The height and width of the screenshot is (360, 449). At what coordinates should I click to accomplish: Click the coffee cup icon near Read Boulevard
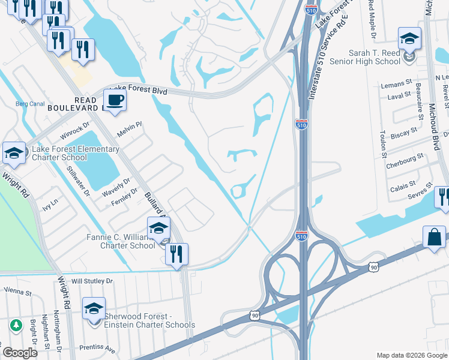(x=115, y=99)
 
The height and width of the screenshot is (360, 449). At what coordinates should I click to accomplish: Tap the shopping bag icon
(x=434, y=237)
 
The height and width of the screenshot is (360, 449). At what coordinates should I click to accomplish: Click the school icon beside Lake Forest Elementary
(x=13, y=153)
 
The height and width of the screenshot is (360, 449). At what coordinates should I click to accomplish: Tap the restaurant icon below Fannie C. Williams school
(x=176, y=254)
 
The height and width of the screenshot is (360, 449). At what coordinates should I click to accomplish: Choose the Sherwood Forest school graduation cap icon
(x=94, y=308)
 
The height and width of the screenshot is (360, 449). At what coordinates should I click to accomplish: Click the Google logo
(x=20, y=353)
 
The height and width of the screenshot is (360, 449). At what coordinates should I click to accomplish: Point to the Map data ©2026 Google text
(x=411, y=355)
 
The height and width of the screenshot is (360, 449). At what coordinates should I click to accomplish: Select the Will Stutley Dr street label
(x=92, y=280)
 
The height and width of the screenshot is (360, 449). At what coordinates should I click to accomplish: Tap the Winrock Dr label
(x=78, y=128)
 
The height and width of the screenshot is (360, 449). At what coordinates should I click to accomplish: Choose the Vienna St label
(x=17, y=292)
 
